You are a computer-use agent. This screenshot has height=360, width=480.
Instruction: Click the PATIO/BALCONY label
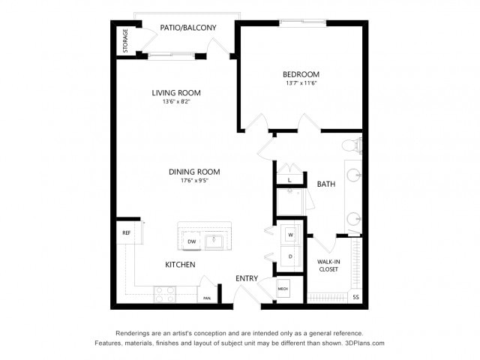(x=188, y=28)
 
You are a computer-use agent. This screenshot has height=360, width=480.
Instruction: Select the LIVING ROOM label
(x=176, y=93)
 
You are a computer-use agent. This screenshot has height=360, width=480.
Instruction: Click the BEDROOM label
(x=301, y=74)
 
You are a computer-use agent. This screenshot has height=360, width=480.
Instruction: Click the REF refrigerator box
(x=127, y=233)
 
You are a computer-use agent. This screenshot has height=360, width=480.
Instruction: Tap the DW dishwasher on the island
(x=191, y=241)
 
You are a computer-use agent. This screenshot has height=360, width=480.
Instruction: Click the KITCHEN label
(x=180, y=265)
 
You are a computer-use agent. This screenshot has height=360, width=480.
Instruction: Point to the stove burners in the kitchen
(x=164, y=293)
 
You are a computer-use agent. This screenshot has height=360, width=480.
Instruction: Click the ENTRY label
(x=247, y=279)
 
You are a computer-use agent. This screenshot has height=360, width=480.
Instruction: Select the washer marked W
(x=290, y=234)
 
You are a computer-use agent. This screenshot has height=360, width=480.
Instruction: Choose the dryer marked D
(x=290, y=256)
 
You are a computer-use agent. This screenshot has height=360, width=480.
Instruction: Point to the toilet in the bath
(x=350, y=145)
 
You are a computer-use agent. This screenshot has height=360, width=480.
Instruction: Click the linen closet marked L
(x=289, y=181)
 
